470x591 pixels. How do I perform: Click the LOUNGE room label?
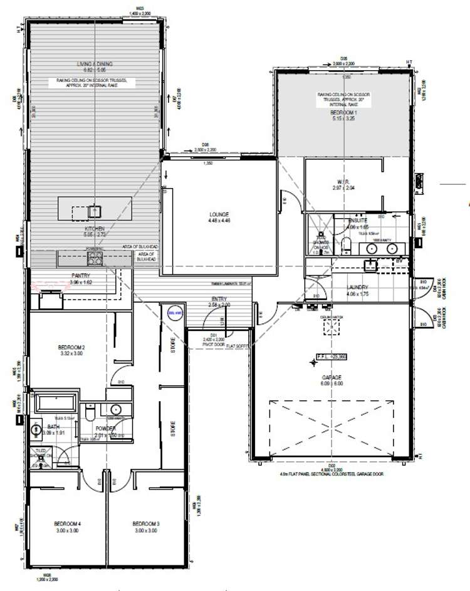(219, 214)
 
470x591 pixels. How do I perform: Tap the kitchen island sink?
(95, 212)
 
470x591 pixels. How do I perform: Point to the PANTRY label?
(81, 276)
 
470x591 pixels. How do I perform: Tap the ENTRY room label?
(219, 299)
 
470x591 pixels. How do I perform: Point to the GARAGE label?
(332, 377)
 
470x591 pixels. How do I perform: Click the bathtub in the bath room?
(55, 403)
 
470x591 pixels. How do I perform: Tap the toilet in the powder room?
(91, 414)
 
